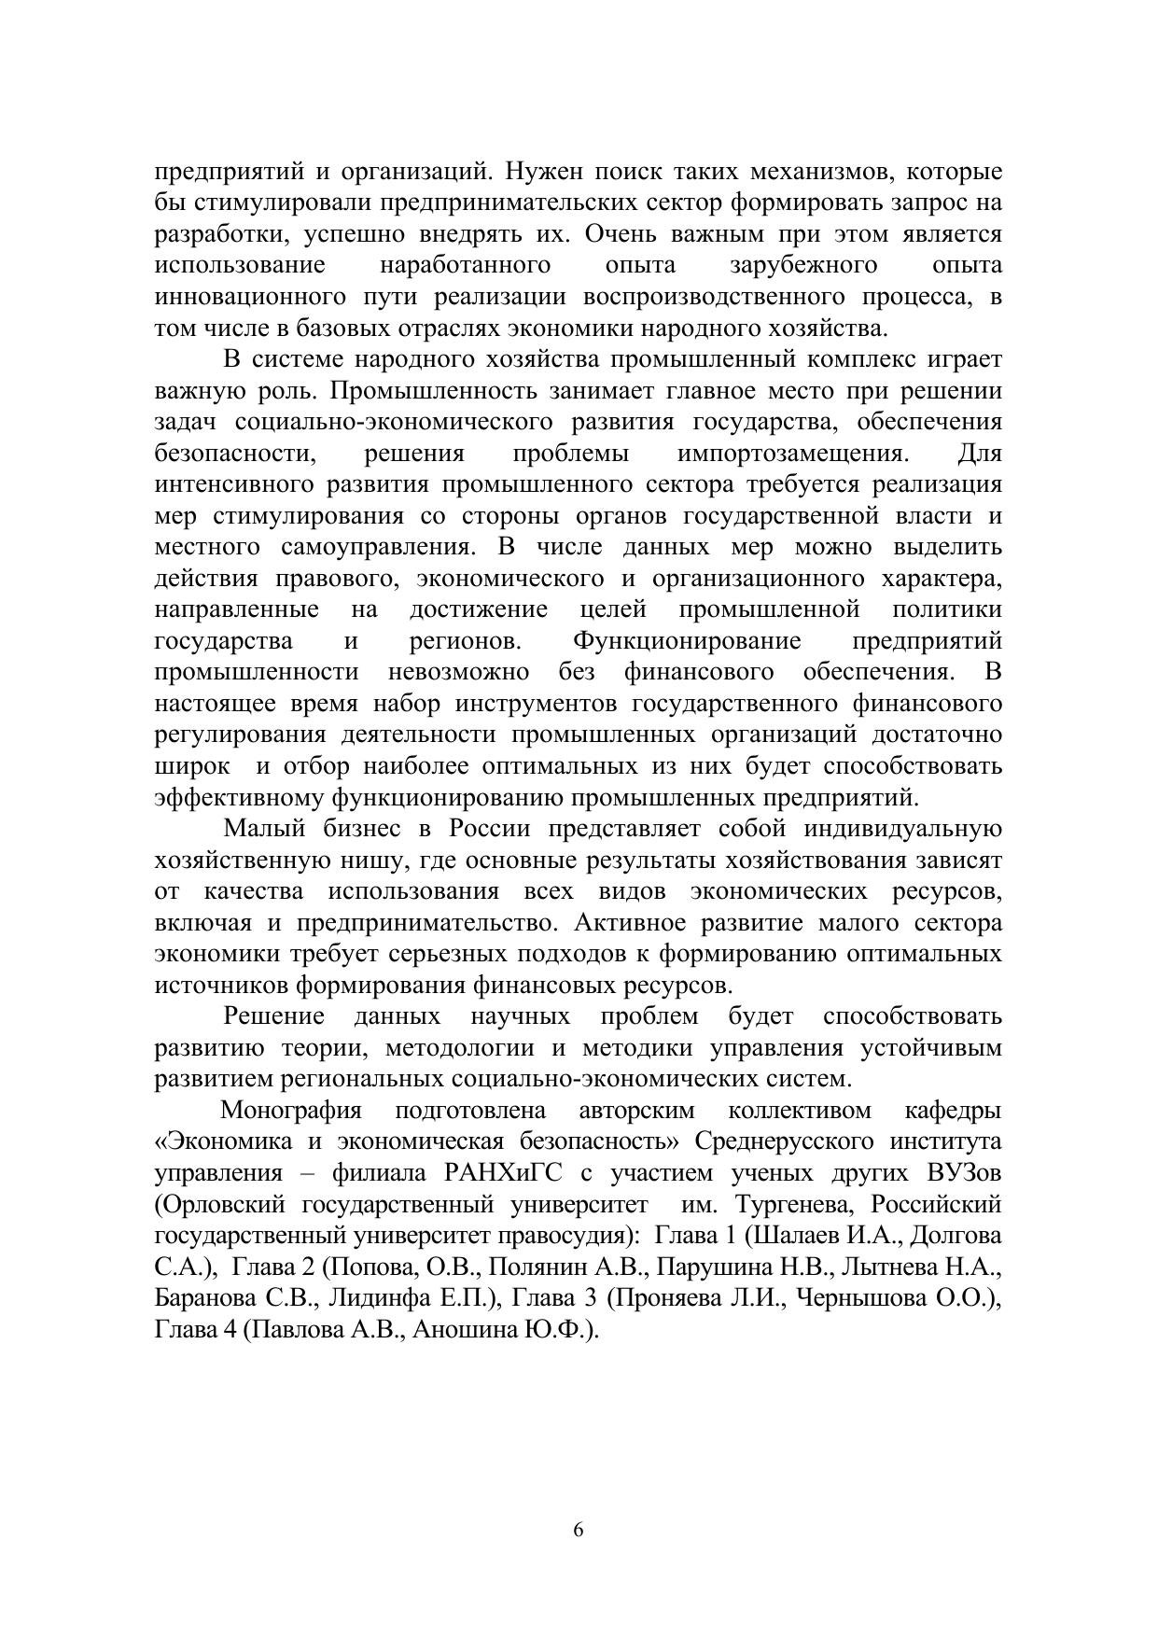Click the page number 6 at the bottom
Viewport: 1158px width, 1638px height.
579,1530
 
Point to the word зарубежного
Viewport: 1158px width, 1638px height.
803,266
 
